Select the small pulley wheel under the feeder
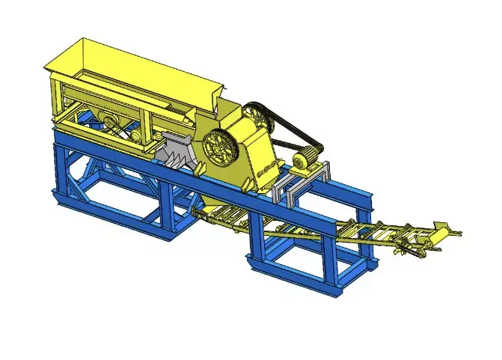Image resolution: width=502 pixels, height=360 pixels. tap(110, 124)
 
